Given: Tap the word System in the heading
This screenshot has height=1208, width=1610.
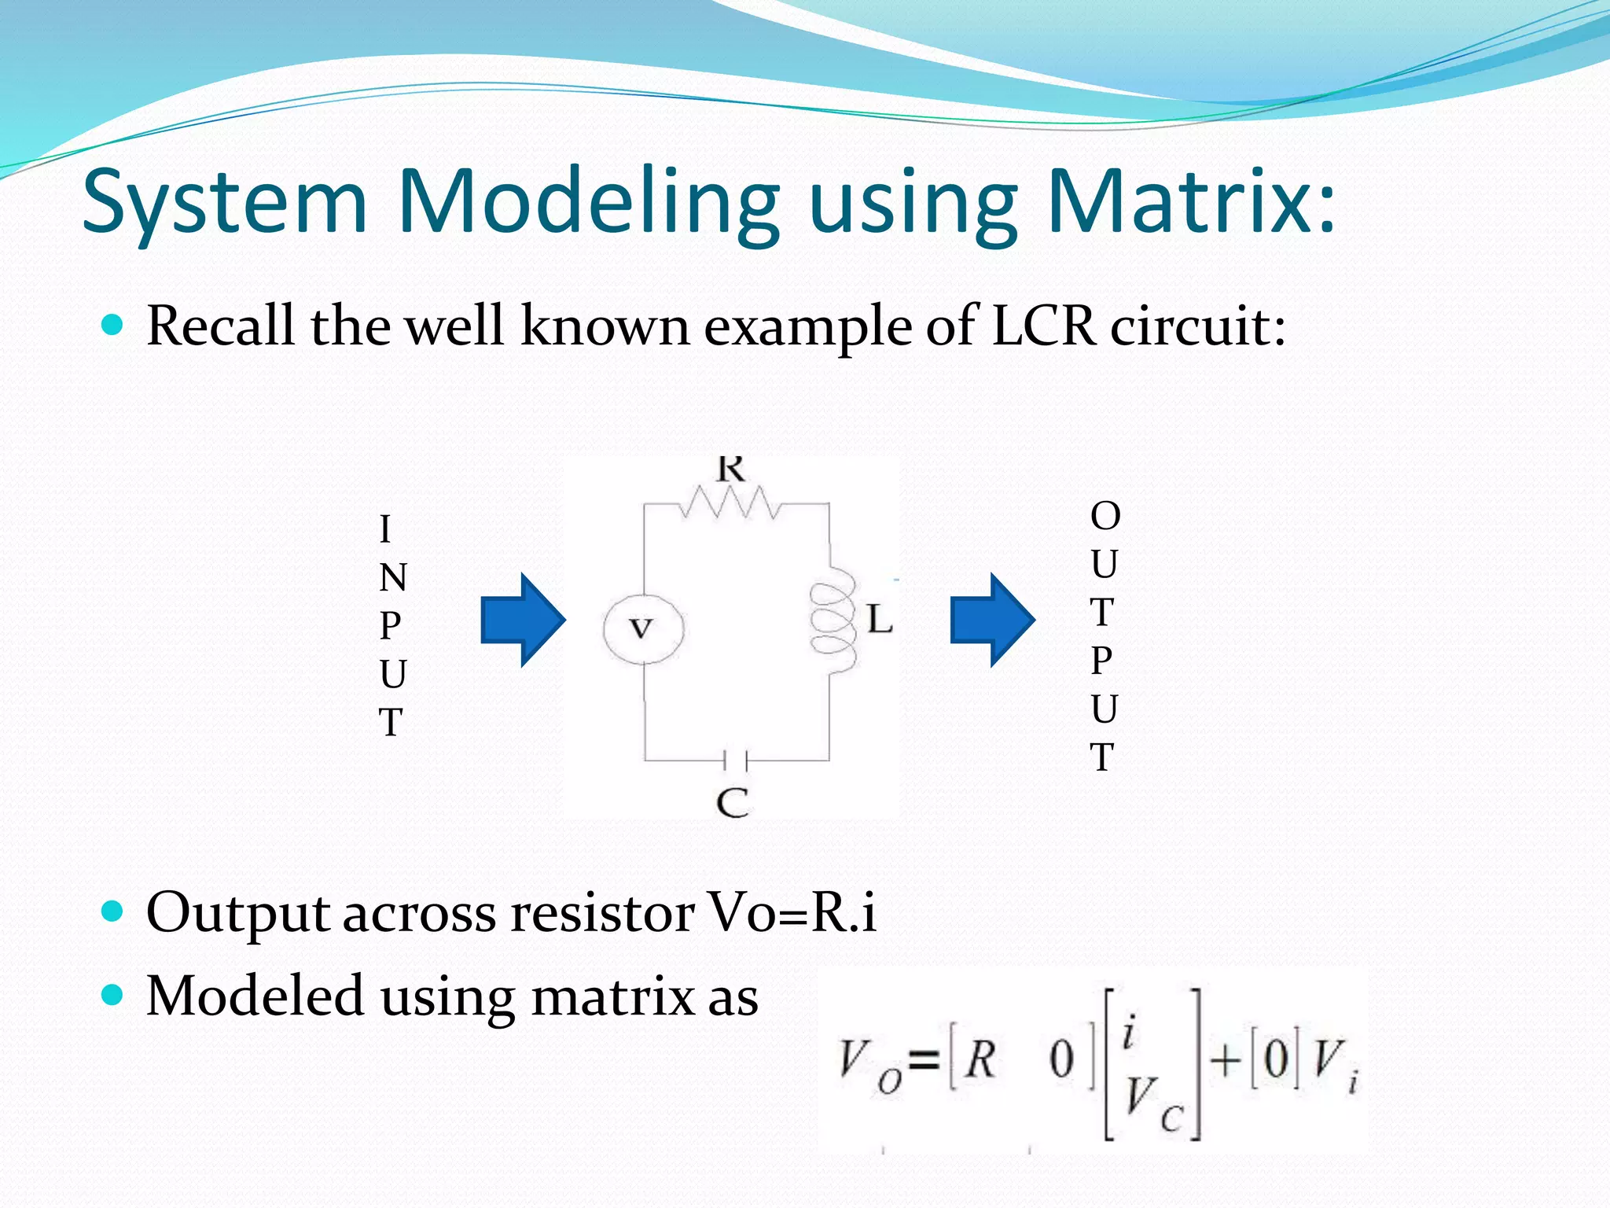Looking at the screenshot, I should click(x=225, y=203).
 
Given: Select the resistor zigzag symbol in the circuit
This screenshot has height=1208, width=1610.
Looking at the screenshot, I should click(x=730, y=503).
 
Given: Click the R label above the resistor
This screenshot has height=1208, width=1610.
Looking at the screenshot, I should click(x=730, y=470).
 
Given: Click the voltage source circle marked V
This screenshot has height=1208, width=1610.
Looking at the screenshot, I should click(x=643, y=628).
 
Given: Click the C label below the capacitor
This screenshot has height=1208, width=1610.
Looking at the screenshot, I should click(x=733, y=803).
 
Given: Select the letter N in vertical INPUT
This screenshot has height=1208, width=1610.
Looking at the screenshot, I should click(x=392, y=578).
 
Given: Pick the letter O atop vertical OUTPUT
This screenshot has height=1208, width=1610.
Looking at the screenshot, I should click(x=1105, y=517).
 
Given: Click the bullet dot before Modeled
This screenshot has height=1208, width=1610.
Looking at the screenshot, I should click(x=113, y=996).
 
